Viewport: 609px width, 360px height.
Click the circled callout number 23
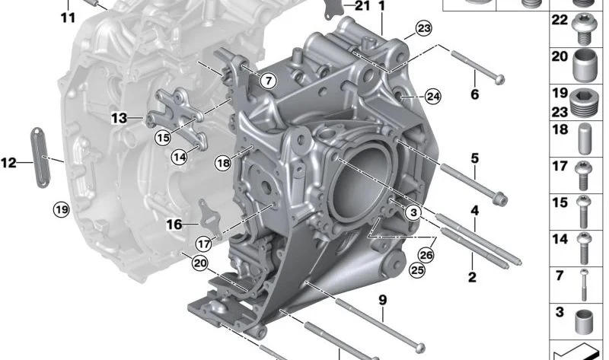point(424,28)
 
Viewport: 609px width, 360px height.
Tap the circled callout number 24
point(433,97)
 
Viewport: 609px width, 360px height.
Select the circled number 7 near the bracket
point(269,81)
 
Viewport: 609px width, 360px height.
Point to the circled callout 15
point(163,138)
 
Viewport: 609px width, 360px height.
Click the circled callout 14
point(180,157)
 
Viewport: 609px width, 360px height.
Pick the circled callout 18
point(223,163)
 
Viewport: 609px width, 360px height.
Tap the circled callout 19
point(62,210)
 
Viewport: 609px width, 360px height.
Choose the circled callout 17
point(203,244)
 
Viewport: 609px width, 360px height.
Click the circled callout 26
point(426,255)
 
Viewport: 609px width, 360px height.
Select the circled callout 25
point(417,270)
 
